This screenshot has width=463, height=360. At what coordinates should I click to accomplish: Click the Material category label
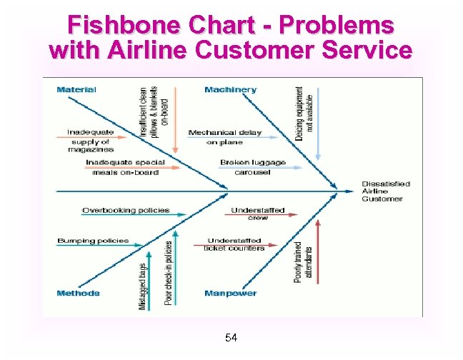pos(76,90)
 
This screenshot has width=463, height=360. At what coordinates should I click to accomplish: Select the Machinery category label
pos(230,90)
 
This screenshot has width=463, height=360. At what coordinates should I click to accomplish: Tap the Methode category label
pos(78,294)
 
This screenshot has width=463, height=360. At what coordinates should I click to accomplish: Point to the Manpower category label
pos(230,294)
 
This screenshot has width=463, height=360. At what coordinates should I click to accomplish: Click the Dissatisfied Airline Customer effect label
pos(386,191)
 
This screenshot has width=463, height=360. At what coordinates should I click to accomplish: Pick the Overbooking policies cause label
pos(126,211)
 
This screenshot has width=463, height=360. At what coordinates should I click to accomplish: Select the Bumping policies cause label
pos(93,241)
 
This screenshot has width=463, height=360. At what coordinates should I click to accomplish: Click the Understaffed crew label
pos(258,214)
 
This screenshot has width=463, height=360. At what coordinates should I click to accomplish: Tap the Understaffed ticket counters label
pos(234,244)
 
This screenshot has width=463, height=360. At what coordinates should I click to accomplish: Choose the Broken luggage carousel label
pos(252,167)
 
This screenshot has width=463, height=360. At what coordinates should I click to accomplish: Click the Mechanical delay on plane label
pos(224,137)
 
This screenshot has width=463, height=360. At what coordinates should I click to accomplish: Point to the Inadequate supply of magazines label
pos(90,141)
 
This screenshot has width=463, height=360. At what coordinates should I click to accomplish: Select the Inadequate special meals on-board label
pos(124,167)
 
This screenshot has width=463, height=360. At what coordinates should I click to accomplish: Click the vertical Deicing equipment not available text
pos(304,113)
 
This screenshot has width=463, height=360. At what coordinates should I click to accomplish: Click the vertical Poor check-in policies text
pos(169,272)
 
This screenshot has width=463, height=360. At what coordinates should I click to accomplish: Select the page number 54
pos(231,337)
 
